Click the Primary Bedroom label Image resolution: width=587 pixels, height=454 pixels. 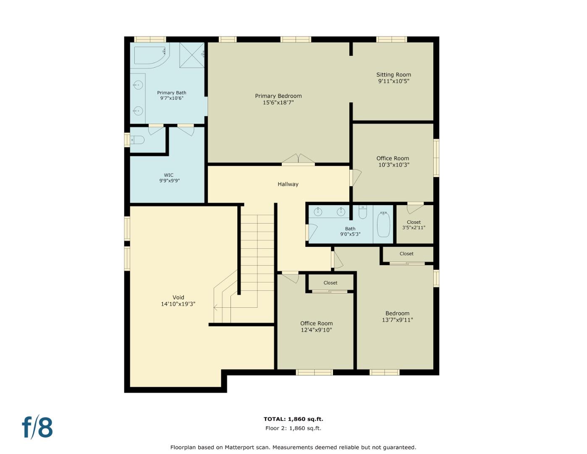coord(278,96)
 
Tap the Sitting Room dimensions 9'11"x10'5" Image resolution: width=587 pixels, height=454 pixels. coord(393,81)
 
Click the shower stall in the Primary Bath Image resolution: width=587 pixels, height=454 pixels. coord(191,55)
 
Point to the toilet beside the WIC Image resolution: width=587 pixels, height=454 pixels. coord(138,140)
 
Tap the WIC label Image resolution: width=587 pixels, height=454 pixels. coord(168,175)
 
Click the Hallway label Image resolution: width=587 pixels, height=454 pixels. coord(288,184)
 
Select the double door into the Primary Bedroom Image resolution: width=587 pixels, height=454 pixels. coord(298,160)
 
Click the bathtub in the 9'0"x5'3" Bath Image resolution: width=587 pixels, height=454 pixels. coord(383,225)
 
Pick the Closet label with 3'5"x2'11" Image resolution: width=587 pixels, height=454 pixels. coord(414,222)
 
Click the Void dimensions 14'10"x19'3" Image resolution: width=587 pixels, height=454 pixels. coord(178,304)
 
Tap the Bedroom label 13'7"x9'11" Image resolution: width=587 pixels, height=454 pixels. coord(397,314)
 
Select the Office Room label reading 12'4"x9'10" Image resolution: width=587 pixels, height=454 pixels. coord(316,324)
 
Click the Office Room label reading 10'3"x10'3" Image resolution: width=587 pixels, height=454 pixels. coord(393,158)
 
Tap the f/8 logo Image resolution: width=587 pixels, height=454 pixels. coord(37,427)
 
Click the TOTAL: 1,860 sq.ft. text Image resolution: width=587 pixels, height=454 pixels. coord(293,419)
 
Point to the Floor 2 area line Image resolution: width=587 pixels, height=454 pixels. coord(293,428)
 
